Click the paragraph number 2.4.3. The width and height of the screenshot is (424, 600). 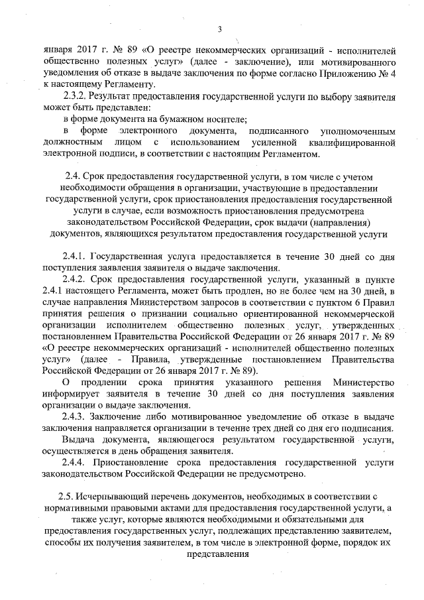(75, 416)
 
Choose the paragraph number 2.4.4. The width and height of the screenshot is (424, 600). (75, 462)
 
